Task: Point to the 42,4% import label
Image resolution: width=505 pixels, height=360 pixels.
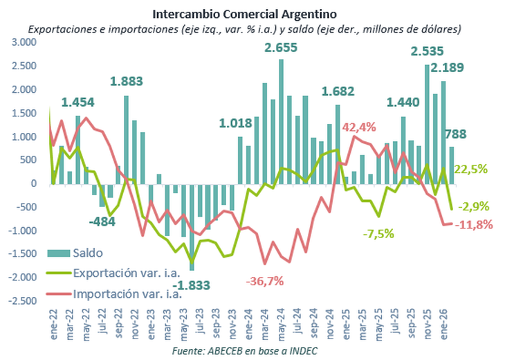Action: (358, 127)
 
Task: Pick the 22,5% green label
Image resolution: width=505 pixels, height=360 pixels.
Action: (471, 169)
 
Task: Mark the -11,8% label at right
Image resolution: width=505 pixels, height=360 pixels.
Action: (474, 224)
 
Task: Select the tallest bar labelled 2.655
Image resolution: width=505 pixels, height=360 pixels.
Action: (282, 121)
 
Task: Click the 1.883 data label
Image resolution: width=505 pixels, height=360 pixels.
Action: (127, 81)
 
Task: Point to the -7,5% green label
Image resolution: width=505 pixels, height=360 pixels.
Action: (379, 233)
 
